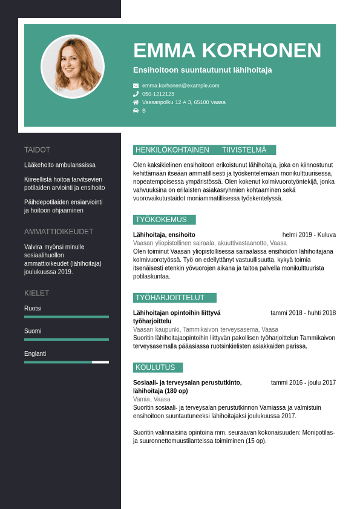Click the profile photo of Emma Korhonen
coord(73,67)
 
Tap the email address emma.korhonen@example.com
coord(181,85)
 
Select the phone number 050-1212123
coord(158,94)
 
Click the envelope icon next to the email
coord(136,85)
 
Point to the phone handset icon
coord(136,94)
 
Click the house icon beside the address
coord(136,102)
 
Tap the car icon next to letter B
coord(136,111)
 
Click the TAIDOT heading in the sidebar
coord(37,149)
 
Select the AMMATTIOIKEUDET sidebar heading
coord(59,232)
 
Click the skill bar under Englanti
coord(67,362)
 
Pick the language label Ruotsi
coord(33,308)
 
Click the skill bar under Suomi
coord(67,340)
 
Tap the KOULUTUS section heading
coord(155,367)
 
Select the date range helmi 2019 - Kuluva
coord(309,235)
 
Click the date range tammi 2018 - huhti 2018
coord(303,313)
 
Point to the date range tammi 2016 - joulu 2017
coord(303,383)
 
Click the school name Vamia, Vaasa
coord(151,399)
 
